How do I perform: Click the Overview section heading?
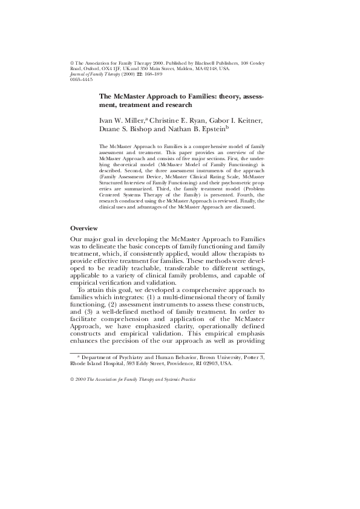[84, 229]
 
